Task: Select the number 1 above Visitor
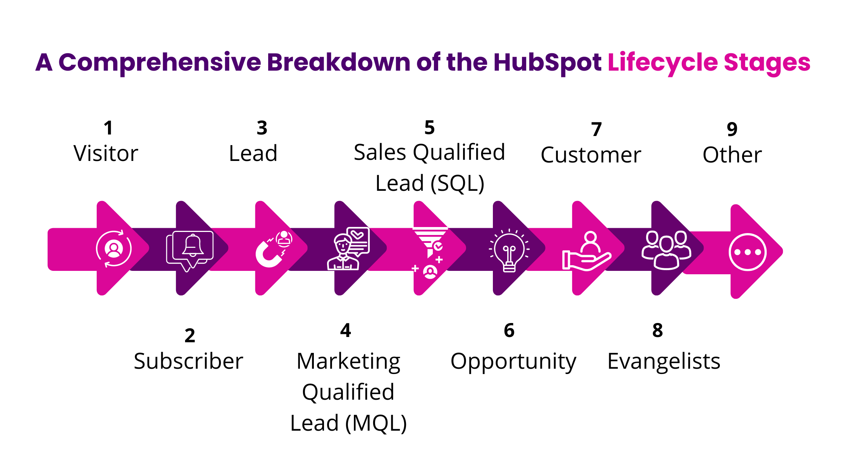click(108, 128)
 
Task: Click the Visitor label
click(106, 153)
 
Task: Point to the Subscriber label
click(188, 361)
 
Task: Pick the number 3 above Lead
click(262, 128)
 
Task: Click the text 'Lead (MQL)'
click(348, 423)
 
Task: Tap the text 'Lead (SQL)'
click(430, 184)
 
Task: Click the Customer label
click(591, 155)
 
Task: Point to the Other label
click(732, 155)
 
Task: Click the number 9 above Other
click(732, 130)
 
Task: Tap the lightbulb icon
click(509, 250)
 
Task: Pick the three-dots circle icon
click(748, 252)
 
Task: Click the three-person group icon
click(667, 250)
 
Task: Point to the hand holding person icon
click(587, 251)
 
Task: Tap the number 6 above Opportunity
click(509, 331)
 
